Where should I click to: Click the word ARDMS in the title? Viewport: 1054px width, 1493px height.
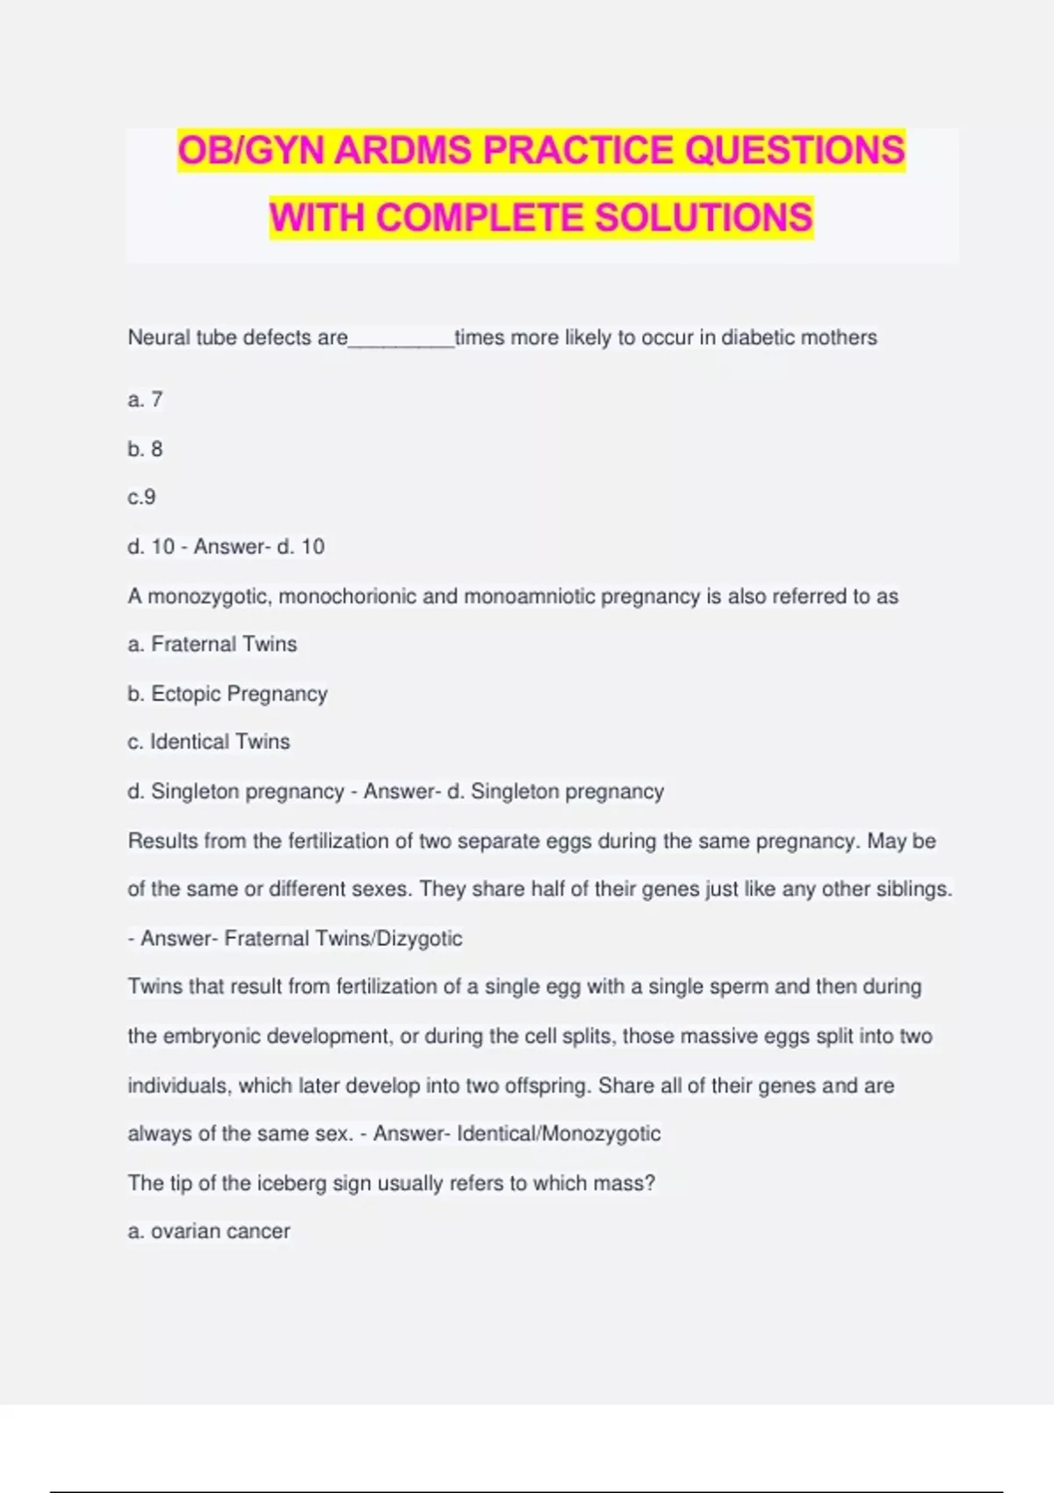coord(403,150)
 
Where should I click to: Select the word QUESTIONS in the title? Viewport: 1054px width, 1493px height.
coord(794,150)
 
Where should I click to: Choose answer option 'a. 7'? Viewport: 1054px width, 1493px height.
coord(145,400)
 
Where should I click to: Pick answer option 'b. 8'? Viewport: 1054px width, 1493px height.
coord(145,450)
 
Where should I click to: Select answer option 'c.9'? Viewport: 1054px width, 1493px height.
coord(141,498)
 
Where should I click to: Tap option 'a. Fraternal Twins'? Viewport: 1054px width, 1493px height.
coord(212,645)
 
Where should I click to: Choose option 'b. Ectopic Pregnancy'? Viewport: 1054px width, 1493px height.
coord(227,694)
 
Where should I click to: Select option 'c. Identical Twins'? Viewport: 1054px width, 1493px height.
coord(208,742)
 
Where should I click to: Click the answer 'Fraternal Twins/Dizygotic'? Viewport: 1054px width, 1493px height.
coord(343,939)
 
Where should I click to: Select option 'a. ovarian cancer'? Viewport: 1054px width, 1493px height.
coord(208,1232)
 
